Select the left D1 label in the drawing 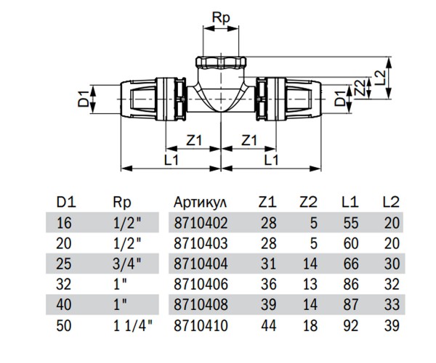(84, 98)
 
